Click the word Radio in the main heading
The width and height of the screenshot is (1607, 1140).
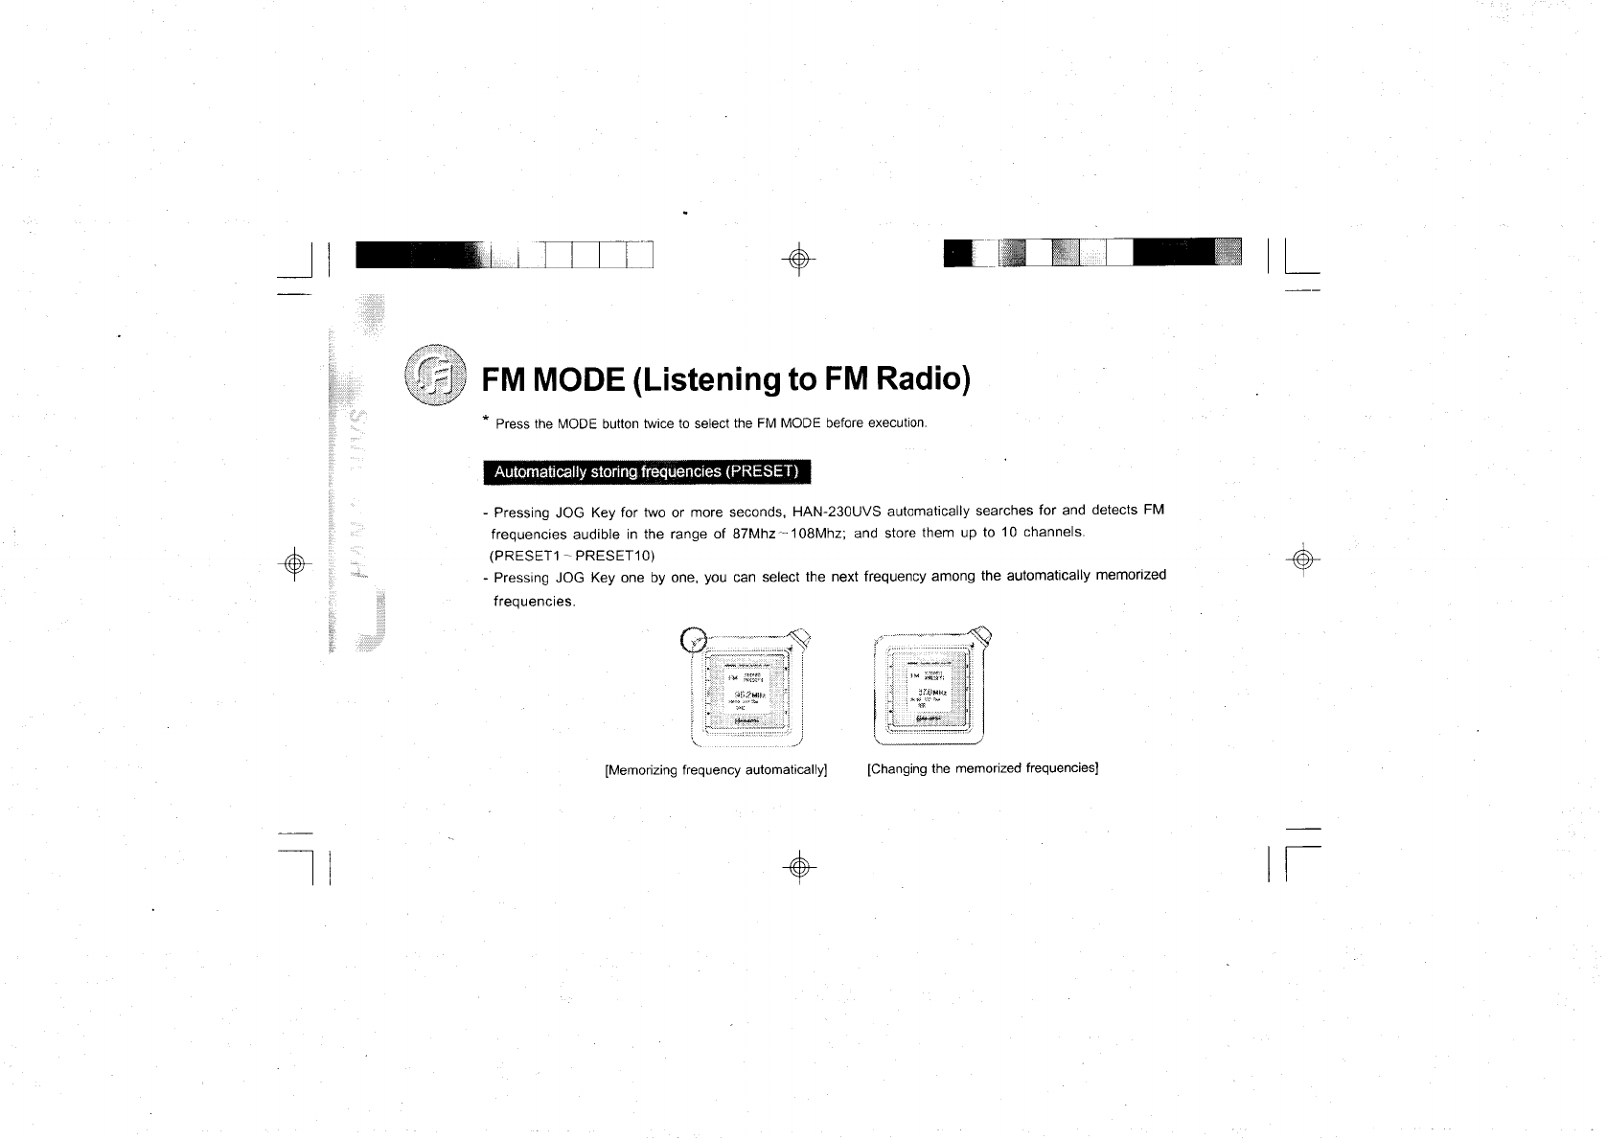coord(918,379)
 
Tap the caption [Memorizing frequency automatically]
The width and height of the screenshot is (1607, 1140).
coord(715,769)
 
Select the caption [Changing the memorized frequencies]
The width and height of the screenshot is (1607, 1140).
coord(981,768)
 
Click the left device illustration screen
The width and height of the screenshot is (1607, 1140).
coord(745,691)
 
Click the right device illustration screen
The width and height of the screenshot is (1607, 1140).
coord(928,690)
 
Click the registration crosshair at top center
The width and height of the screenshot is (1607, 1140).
coord(801,258)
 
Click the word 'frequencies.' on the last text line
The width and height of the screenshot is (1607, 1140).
coord(534,602)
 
